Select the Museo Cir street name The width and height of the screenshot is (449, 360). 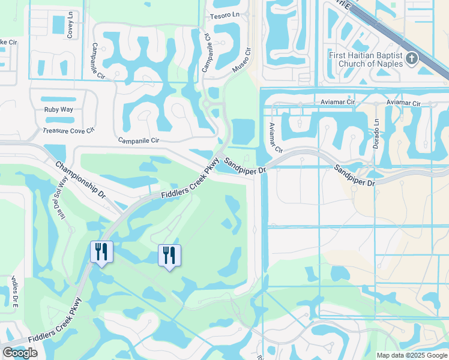click(241, 62)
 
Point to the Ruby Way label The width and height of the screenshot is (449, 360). click(58, 110)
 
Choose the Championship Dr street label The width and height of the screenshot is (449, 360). click(80, 179)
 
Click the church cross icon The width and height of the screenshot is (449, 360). click(412, 59)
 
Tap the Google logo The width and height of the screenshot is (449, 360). click(20, 353)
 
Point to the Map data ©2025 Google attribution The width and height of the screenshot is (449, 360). click(411, 355)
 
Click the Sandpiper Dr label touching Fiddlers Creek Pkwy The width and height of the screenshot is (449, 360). click(245, 166)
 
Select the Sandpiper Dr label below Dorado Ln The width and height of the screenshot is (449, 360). click(355, 175)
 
